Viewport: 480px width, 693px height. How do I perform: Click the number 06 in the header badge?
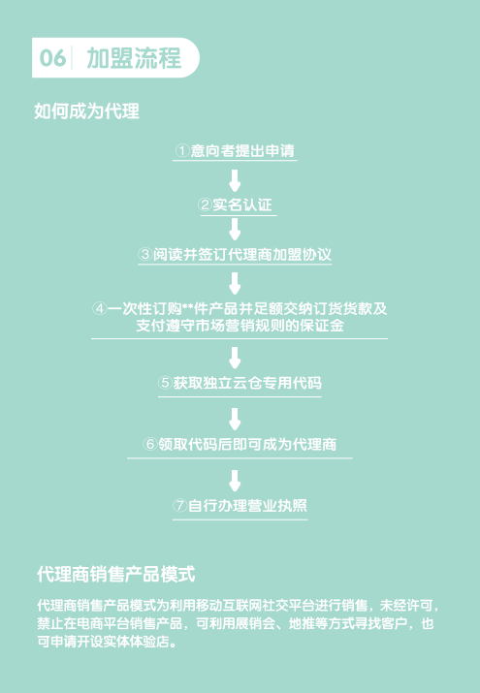click(x=52, y=58)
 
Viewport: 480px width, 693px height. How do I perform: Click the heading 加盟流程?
click(x=134, y=58)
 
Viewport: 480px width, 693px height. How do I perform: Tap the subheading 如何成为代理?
click(x=86, y=110)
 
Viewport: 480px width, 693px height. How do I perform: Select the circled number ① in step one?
click(x=182, y=150)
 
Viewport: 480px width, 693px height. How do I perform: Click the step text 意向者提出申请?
click(x=242, y=150)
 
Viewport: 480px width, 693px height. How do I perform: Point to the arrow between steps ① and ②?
click(x=235, y=180)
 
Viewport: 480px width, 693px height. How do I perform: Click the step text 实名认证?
click(x=242, y=205)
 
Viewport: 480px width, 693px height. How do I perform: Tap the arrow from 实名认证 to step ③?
click(x=235, y=229)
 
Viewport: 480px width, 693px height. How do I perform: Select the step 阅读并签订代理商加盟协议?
click(x=241, y=255)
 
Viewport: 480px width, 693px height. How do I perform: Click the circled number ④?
click(x=100, y=308)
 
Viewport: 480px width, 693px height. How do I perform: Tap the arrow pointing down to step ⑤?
click(x=235, y=358)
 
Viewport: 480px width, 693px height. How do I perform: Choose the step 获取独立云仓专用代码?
click(x=247, y=383)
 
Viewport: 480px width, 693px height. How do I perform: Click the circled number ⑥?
click(x=150, y=444)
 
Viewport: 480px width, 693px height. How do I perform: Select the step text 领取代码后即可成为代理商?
click(x=247, y=444)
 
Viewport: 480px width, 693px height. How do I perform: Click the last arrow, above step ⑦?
click(x=235, y=481)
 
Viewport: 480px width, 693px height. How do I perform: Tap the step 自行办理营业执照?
click(x=247, y=506)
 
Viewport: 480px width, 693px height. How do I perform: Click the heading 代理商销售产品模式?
click(x=116, y=574)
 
